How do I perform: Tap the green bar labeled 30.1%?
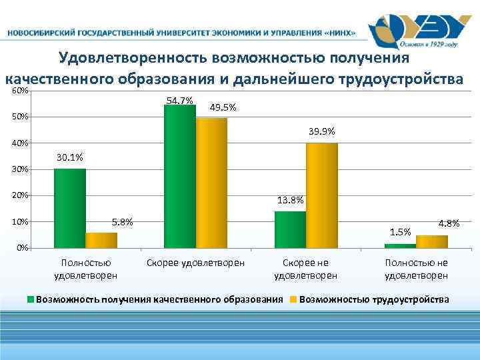pos(70,208)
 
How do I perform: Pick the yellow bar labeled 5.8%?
pos(101,240)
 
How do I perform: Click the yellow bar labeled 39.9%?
pos(322,195)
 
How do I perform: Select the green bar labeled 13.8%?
pos(290,229)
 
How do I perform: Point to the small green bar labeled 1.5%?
pos(400,245)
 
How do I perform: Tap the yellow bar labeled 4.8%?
pos(432,241)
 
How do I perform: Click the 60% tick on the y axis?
pos(20,91)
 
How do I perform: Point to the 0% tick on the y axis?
pos(22,248)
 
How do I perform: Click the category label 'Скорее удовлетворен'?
pos(196,263)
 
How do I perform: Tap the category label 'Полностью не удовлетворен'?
pos(417,269)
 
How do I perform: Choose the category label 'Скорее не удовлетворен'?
pos(306,269)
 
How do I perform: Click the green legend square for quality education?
pos(31,300)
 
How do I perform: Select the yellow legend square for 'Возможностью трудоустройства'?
pos(293,300)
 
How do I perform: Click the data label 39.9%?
pos(322,131)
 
